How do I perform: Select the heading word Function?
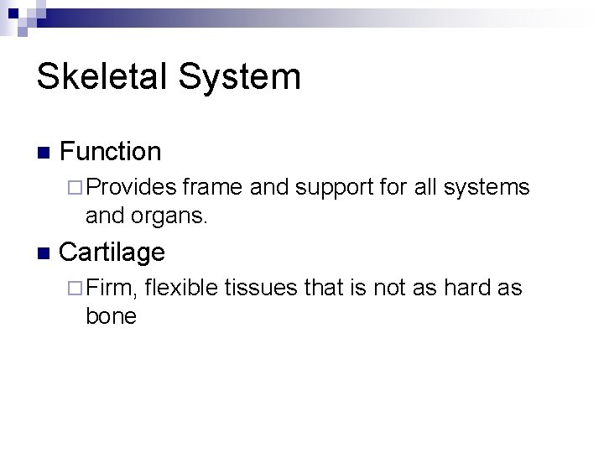click(111, 151)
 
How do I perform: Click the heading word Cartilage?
click(112, 252)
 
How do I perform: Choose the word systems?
click(487, 187)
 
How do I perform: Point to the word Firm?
click(111, 289)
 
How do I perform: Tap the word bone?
click(111, 316)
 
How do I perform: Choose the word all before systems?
click(426, 187)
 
